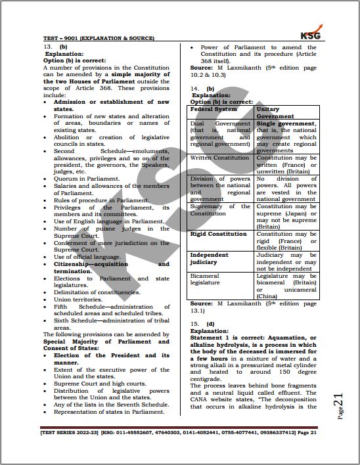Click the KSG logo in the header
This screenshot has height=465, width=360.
pyautogui.click(x=309, y=35)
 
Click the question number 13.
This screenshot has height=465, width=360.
pyautogui.click(x=47, y=48)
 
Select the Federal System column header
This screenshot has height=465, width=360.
pyautogui.click(x=212, y=109)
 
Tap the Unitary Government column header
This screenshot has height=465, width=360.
pyautogui.click(x=276, y=112)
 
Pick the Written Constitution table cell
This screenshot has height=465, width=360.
pyautogui.click(x=219, y=158)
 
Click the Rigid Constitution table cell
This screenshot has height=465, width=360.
pyautogui.click(x=219, y=234)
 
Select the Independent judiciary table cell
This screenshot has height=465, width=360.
pyautogui.click(x=210, y=258)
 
